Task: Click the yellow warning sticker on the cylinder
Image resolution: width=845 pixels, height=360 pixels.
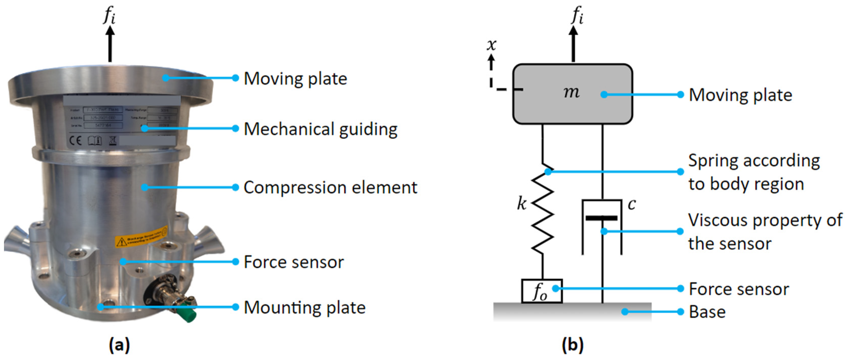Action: (x=141, y=237)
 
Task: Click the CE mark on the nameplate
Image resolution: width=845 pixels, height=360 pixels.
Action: (x=75, y=141)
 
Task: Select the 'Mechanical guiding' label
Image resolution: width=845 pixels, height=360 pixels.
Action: (x=320, y=129)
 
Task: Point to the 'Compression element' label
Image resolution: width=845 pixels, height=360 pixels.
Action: (x=330, y=187)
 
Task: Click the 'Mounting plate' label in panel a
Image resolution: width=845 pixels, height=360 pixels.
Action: (x=304, y=307)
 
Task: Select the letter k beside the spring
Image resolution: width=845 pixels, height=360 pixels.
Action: (x=521, y=203)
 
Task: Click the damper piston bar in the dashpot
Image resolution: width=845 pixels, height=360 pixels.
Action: (x=602, y=218)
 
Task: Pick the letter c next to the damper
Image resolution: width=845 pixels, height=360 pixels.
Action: (x=632, y=204)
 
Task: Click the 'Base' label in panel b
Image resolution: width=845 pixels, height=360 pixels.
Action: (x=707, y=312)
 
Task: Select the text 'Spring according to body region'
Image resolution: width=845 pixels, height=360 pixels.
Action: (x=753, y=172)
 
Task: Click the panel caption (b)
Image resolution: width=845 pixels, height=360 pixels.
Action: (x=573, y=345)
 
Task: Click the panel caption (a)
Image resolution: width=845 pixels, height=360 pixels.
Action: (x=119, y=345)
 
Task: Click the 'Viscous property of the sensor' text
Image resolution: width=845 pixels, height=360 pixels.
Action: (x=764, y=232)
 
